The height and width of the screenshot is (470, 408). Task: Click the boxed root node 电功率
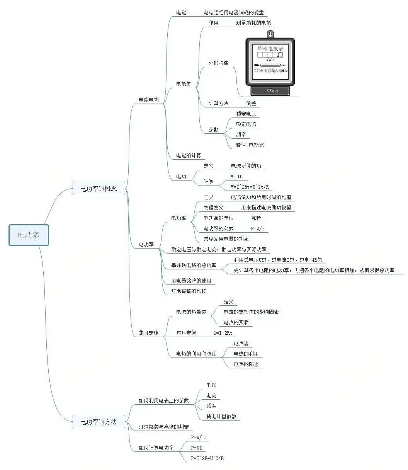coord(29,235)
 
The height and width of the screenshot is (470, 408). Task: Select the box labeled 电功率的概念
coord(99,189)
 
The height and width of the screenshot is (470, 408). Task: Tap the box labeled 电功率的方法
coord(99,422)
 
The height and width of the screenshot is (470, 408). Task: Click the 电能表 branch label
coord(184,84)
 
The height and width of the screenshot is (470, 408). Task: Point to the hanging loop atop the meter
coord(270,34)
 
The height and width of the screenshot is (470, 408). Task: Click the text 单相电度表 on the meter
coord(270,48)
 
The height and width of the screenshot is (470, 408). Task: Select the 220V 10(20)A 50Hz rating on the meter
coord(271,71)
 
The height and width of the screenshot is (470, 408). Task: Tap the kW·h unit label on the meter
coord(270,60)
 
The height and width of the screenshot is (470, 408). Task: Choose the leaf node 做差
coord(251,103)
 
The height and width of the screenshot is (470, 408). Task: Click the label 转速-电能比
coord(250,145)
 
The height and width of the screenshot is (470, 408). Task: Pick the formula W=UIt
coord(237,176)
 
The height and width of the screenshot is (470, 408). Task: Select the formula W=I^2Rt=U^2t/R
coord(250,187)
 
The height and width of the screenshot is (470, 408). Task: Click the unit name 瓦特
coord(256,218)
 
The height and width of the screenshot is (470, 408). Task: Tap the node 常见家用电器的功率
coord(226,239)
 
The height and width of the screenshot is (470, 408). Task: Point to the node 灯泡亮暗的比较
coord(189,291)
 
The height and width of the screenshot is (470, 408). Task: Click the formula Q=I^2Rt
coord(223,333)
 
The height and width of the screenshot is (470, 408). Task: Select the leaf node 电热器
coord(241,343)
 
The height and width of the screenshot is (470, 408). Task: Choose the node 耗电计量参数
coord(221,416)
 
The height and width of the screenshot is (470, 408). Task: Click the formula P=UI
coord(196,448)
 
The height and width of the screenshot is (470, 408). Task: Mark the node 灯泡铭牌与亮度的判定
coord(164,427)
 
